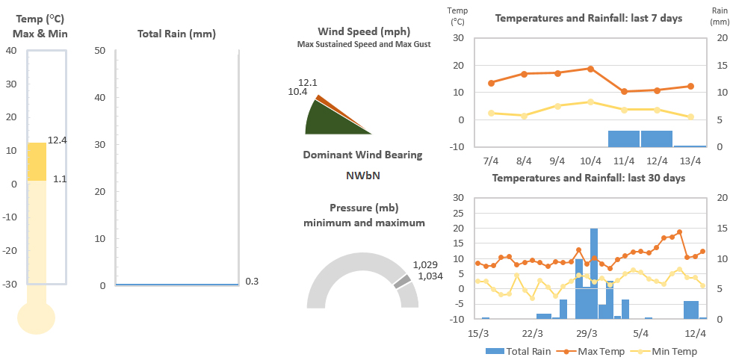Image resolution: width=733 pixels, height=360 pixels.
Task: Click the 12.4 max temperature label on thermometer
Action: [57, 140]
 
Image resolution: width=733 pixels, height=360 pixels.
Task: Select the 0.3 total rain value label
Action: [252, 282]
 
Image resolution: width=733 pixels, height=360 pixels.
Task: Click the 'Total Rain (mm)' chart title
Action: [177, 34]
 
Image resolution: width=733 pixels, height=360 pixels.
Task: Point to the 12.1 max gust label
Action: [308, 82]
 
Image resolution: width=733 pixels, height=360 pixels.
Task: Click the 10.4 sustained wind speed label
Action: [297, 92]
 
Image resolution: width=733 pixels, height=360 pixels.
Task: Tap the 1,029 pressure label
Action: [425, 265]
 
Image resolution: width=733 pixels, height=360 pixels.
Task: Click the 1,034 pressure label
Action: [429, 276]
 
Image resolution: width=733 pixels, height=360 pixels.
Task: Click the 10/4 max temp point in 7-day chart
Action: [590, 69]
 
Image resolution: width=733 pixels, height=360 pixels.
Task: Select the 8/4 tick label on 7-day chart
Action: [524, 161]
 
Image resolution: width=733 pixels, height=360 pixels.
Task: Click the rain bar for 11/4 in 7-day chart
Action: [623, 139]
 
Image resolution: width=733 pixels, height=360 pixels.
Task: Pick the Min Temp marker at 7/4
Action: [491, 113]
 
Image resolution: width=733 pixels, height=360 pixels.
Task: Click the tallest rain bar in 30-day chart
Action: [594, 273]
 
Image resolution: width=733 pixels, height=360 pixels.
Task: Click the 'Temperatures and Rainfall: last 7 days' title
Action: [589, 18]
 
